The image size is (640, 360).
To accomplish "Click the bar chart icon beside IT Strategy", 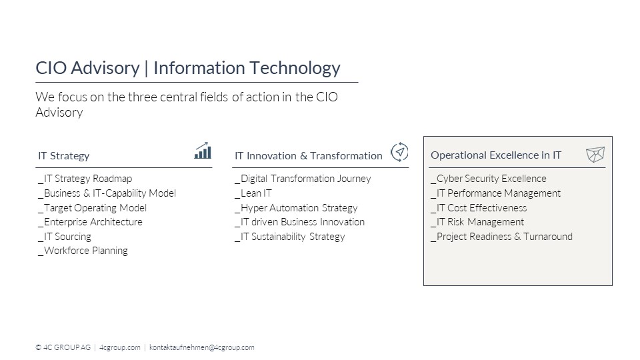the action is [203, 151].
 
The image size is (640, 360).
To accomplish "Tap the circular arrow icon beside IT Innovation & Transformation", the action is [399, 152].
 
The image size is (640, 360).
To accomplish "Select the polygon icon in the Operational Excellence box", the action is [595, 155].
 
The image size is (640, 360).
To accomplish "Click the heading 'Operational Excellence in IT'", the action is [496, 155].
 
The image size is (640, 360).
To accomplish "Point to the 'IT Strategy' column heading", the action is [64, 156].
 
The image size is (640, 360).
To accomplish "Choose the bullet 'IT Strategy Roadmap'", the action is [85, 179].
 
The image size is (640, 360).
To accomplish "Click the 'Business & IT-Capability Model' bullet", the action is [107, 193].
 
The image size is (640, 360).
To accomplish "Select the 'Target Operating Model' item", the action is [92, 208].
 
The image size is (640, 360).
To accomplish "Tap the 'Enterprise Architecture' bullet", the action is [90, 222].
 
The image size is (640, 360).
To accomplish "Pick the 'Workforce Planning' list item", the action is [83, 251].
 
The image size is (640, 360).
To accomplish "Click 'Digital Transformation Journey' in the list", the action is [303, 179].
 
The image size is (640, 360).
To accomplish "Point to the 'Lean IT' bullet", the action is [253, 193].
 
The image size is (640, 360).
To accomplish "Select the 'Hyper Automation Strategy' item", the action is [296, 208].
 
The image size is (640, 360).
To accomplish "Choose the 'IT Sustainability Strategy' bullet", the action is [290, 237].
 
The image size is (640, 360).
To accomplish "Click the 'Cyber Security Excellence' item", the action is [489, 179].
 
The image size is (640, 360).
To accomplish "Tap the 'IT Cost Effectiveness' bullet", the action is [479, 208].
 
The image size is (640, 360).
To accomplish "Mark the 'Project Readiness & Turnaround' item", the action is [501, 237].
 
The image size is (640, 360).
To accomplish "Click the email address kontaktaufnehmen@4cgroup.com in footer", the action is [201, 347].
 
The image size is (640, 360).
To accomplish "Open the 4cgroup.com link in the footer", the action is [119, 347].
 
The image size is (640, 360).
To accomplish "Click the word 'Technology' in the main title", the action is [295, 69].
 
